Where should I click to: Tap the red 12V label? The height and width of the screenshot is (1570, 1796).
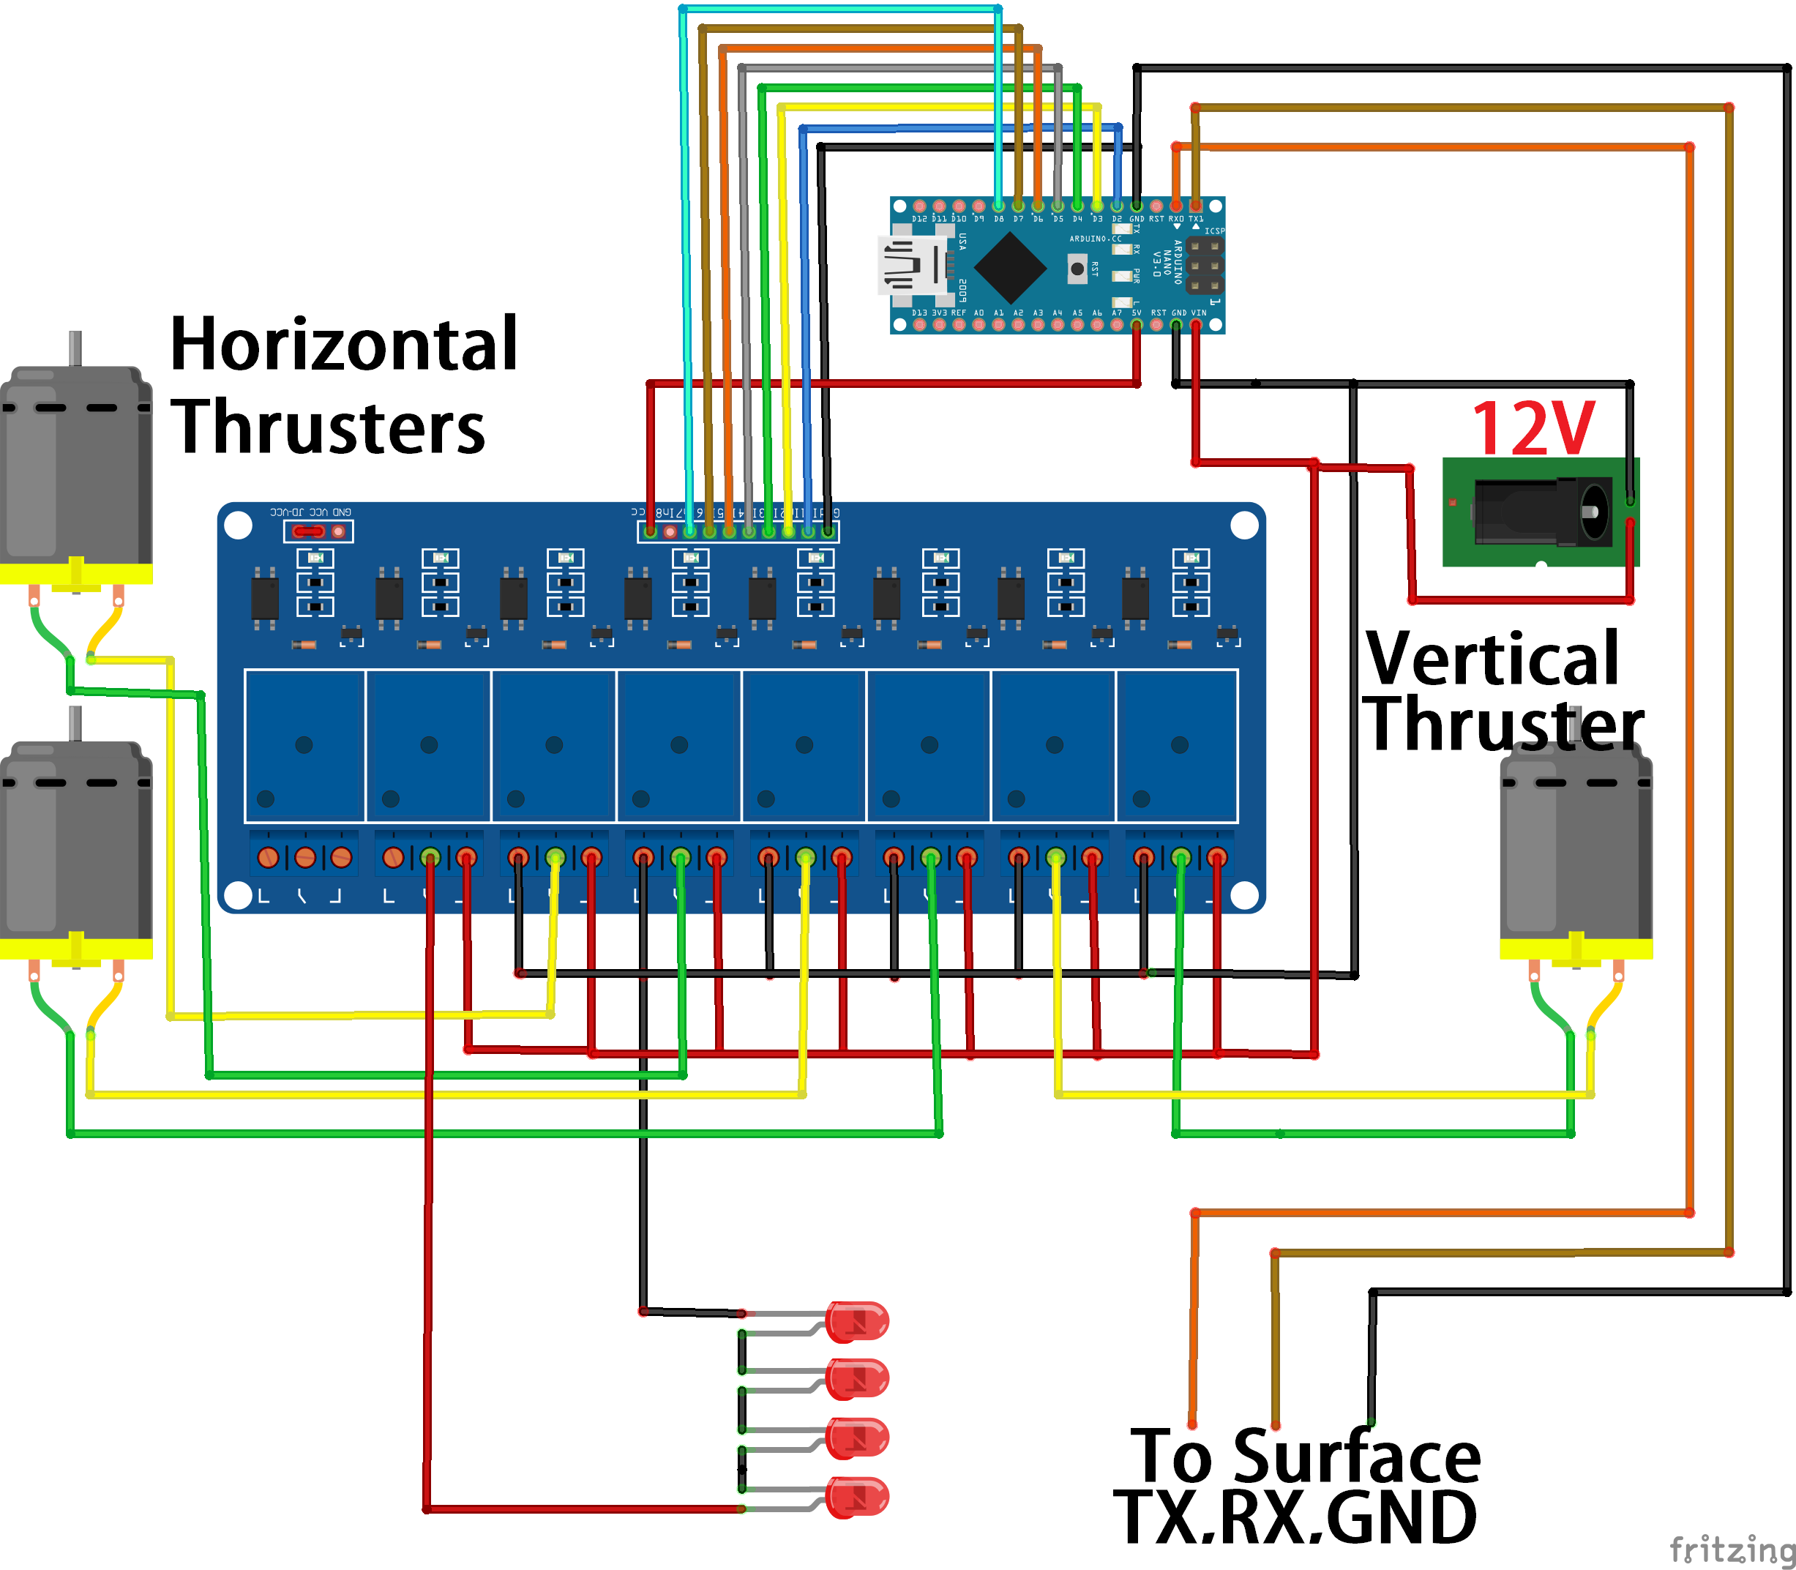[x=1533, y=428]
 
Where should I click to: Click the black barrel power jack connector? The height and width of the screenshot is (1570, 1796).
[x=1542, y=512]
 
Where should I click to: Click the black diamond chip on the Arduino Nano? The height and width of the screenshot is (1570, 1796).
[x=1010, y=267]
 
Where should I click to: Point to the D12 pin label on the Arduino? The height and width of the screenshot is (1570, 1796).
[x=919, y=219]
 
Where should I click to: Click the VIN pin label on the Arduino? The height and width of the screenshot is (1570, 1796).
[x=1199, y=313]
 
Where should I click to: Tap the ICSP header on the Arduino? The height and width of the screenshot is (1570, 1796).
[x=1205, y=264]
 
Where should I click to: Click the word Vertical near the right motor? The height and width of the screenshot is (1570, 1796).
[x=1492, y=659]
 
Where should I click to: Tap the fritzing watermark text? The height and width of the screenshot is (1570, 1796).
[x=1730, y=1549]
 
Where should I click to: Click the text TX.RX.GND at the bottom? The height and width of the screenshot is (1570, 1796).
[x=1295, y=1518]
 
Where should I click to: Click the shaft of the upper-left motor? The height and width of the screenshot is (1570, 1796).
[x=75, y=348]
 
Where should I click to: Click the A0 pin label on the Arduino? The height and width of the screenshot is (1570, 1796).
[x=979, y=313]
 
